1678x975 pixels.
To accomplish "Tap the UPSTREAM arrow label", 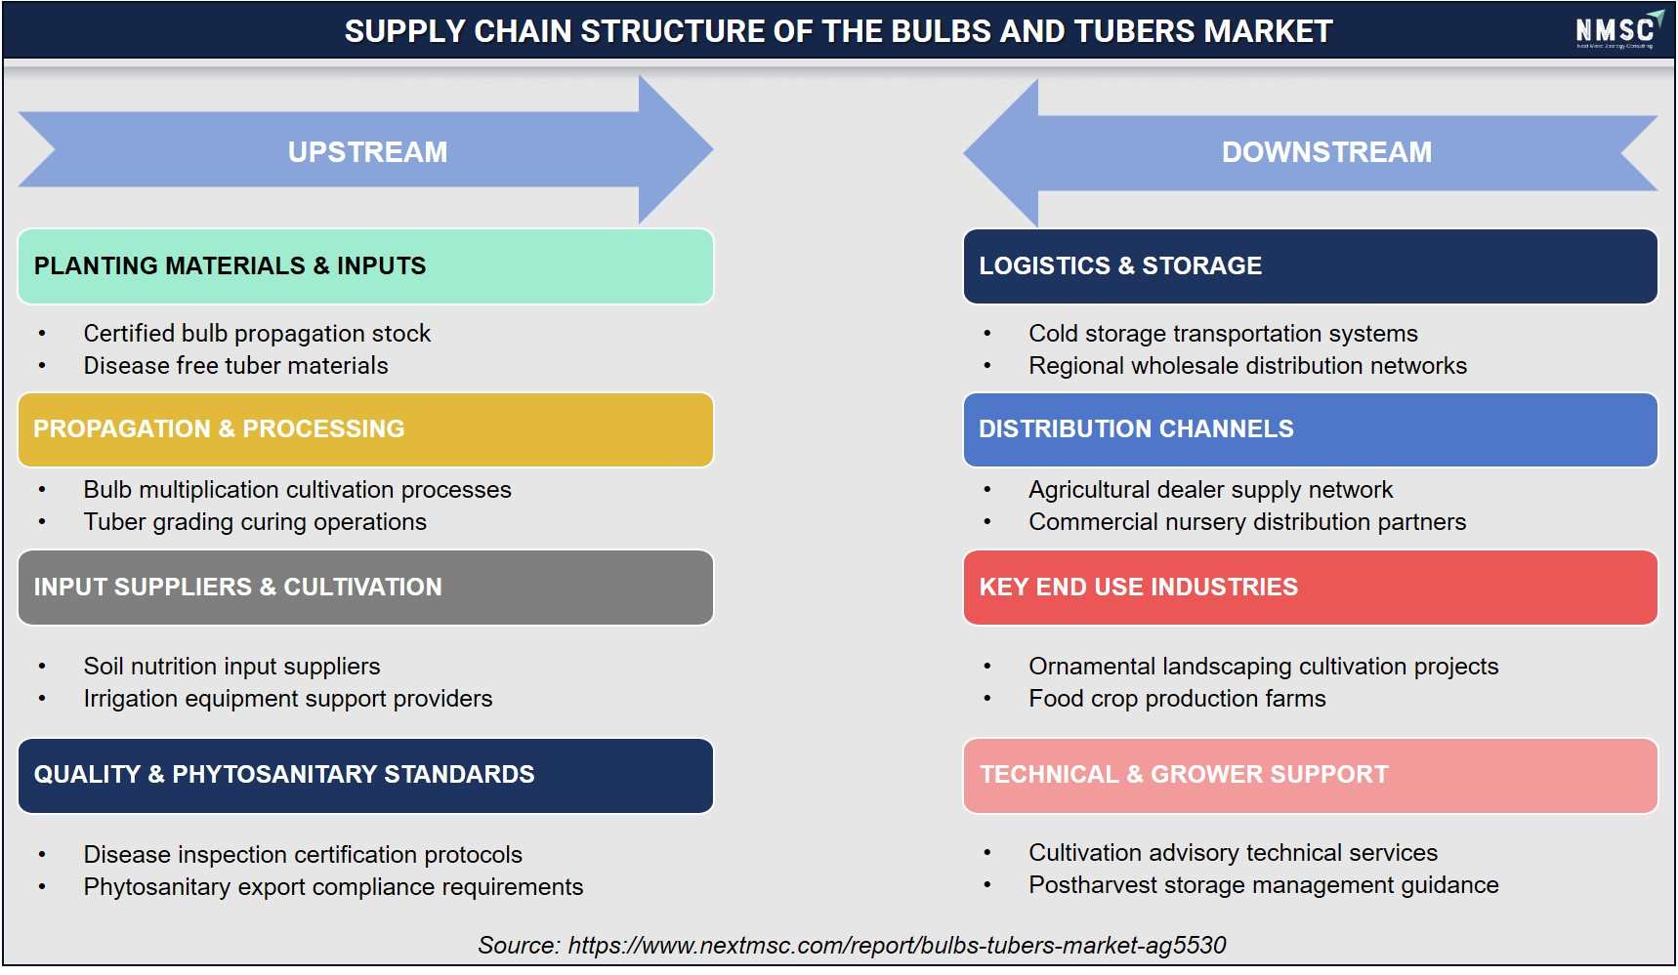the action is pyautogui.click(x=367, y=152).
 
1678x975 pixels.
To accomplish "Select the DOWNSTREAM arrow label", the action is pyautogui.click(x=1326, y=152).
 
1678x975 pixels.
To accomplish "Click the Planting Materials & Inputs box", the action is pyautogui.click(x=365, y=266).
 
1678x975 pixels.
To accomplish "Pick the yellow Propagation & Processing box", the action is pyautogui.click(x=365, y=429).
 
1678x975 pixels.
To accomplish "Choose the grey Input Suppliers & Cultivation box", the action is pyautogui.click(x=365, y=588).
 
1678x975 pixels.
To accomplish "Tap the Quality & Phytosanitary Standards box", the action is pyautogui.click(x=365, y=776).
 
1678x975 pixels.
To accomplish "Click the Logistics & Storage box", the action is pyautogui.click(x=1310, y=266).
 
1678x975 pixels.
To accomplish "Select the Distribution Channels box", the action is pyautogui.click(x=1310, y=429).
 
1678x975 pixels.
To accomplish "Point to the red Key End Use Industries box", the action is pyautogui.click(x=1310, y=588).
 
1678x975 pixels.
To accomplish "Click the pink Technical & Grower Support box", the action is pyautogui.click(x=1310, y=776).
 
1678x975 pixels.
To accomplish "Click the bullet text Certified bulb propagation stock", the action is pyautogui.click(x=257, y=334).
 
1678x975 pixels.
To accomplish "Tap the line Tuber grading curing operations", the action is pyautogui.click(x=255, y=522).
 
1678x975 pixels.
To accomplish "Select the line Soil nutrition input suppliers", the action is pyautogui.click(x=231, y=667).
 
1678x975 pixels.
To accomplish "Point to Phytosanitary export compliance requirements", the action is pyautogui.click(x=333, y=887).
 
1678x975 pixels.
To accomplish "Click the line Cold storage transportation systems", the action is pyautogui.click(x=1223, y=334).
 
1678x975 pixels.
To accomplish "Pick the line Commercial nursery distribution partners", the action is pyautogui.click(x=1247, y=522).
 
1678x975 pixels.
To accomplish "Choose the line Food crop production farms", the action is pyautogui.click(x=1177, y=699).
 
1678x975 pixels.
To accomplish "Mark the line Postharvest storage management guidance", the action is pyautogui.click(x=1263, y=885).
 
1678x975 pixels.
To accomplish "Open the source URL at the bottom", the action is pyautogui.click(x=897, y=946).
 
